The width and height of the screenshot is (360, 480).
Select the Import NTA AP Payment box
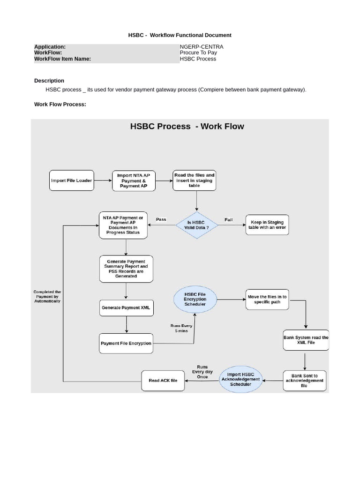[x=134, y=180]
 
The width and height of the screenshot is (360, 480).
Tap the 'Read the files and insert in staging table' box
[x=195, y=180]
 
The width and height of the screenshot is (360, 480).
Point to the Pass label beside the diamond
[x=161, y=219]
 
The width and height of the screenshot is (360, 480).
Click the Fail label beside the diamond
[x=229, y=219]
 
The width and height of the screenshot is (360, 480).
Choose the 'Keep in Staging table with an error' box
[x=267, y=225]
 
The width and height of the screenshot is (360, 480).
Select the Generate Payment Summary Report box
[x=126, y=269]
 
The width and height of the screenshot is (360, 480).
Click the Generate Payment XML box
[x=126, y=308]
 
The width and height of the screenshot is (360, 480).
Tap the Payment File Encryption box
[x=126, y=343]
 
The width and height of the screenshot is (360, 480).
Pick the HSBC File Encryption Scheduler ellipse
[x=195, y=299]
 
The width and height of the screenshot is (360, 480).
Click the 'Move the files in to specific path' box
[x=267, y=300]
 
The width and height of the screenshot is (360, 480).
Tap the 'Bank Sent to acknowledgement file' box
[x=304, y=381]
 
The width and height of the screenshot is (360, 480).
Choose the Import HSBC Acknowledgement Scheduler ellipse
[x=240, y=380]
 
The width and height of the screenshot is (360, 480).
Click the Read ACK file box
[x=163, y=381]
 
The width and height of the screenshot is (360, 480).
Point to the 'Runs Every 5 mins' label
[x=181, y=328]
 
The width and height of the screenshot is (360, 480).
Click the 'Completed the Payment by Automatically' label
[x=47, y=296]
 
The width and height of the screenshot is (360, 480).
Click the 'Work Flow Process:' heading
[x=60, y=104]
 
